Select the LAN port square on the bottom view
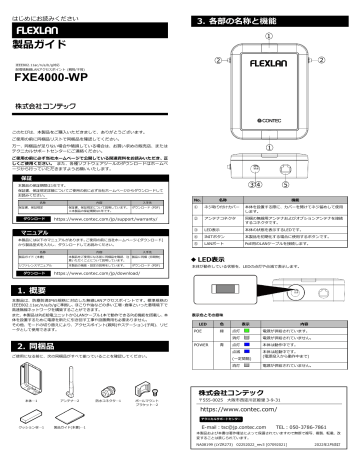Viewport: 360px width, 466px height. pos(287,168)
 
